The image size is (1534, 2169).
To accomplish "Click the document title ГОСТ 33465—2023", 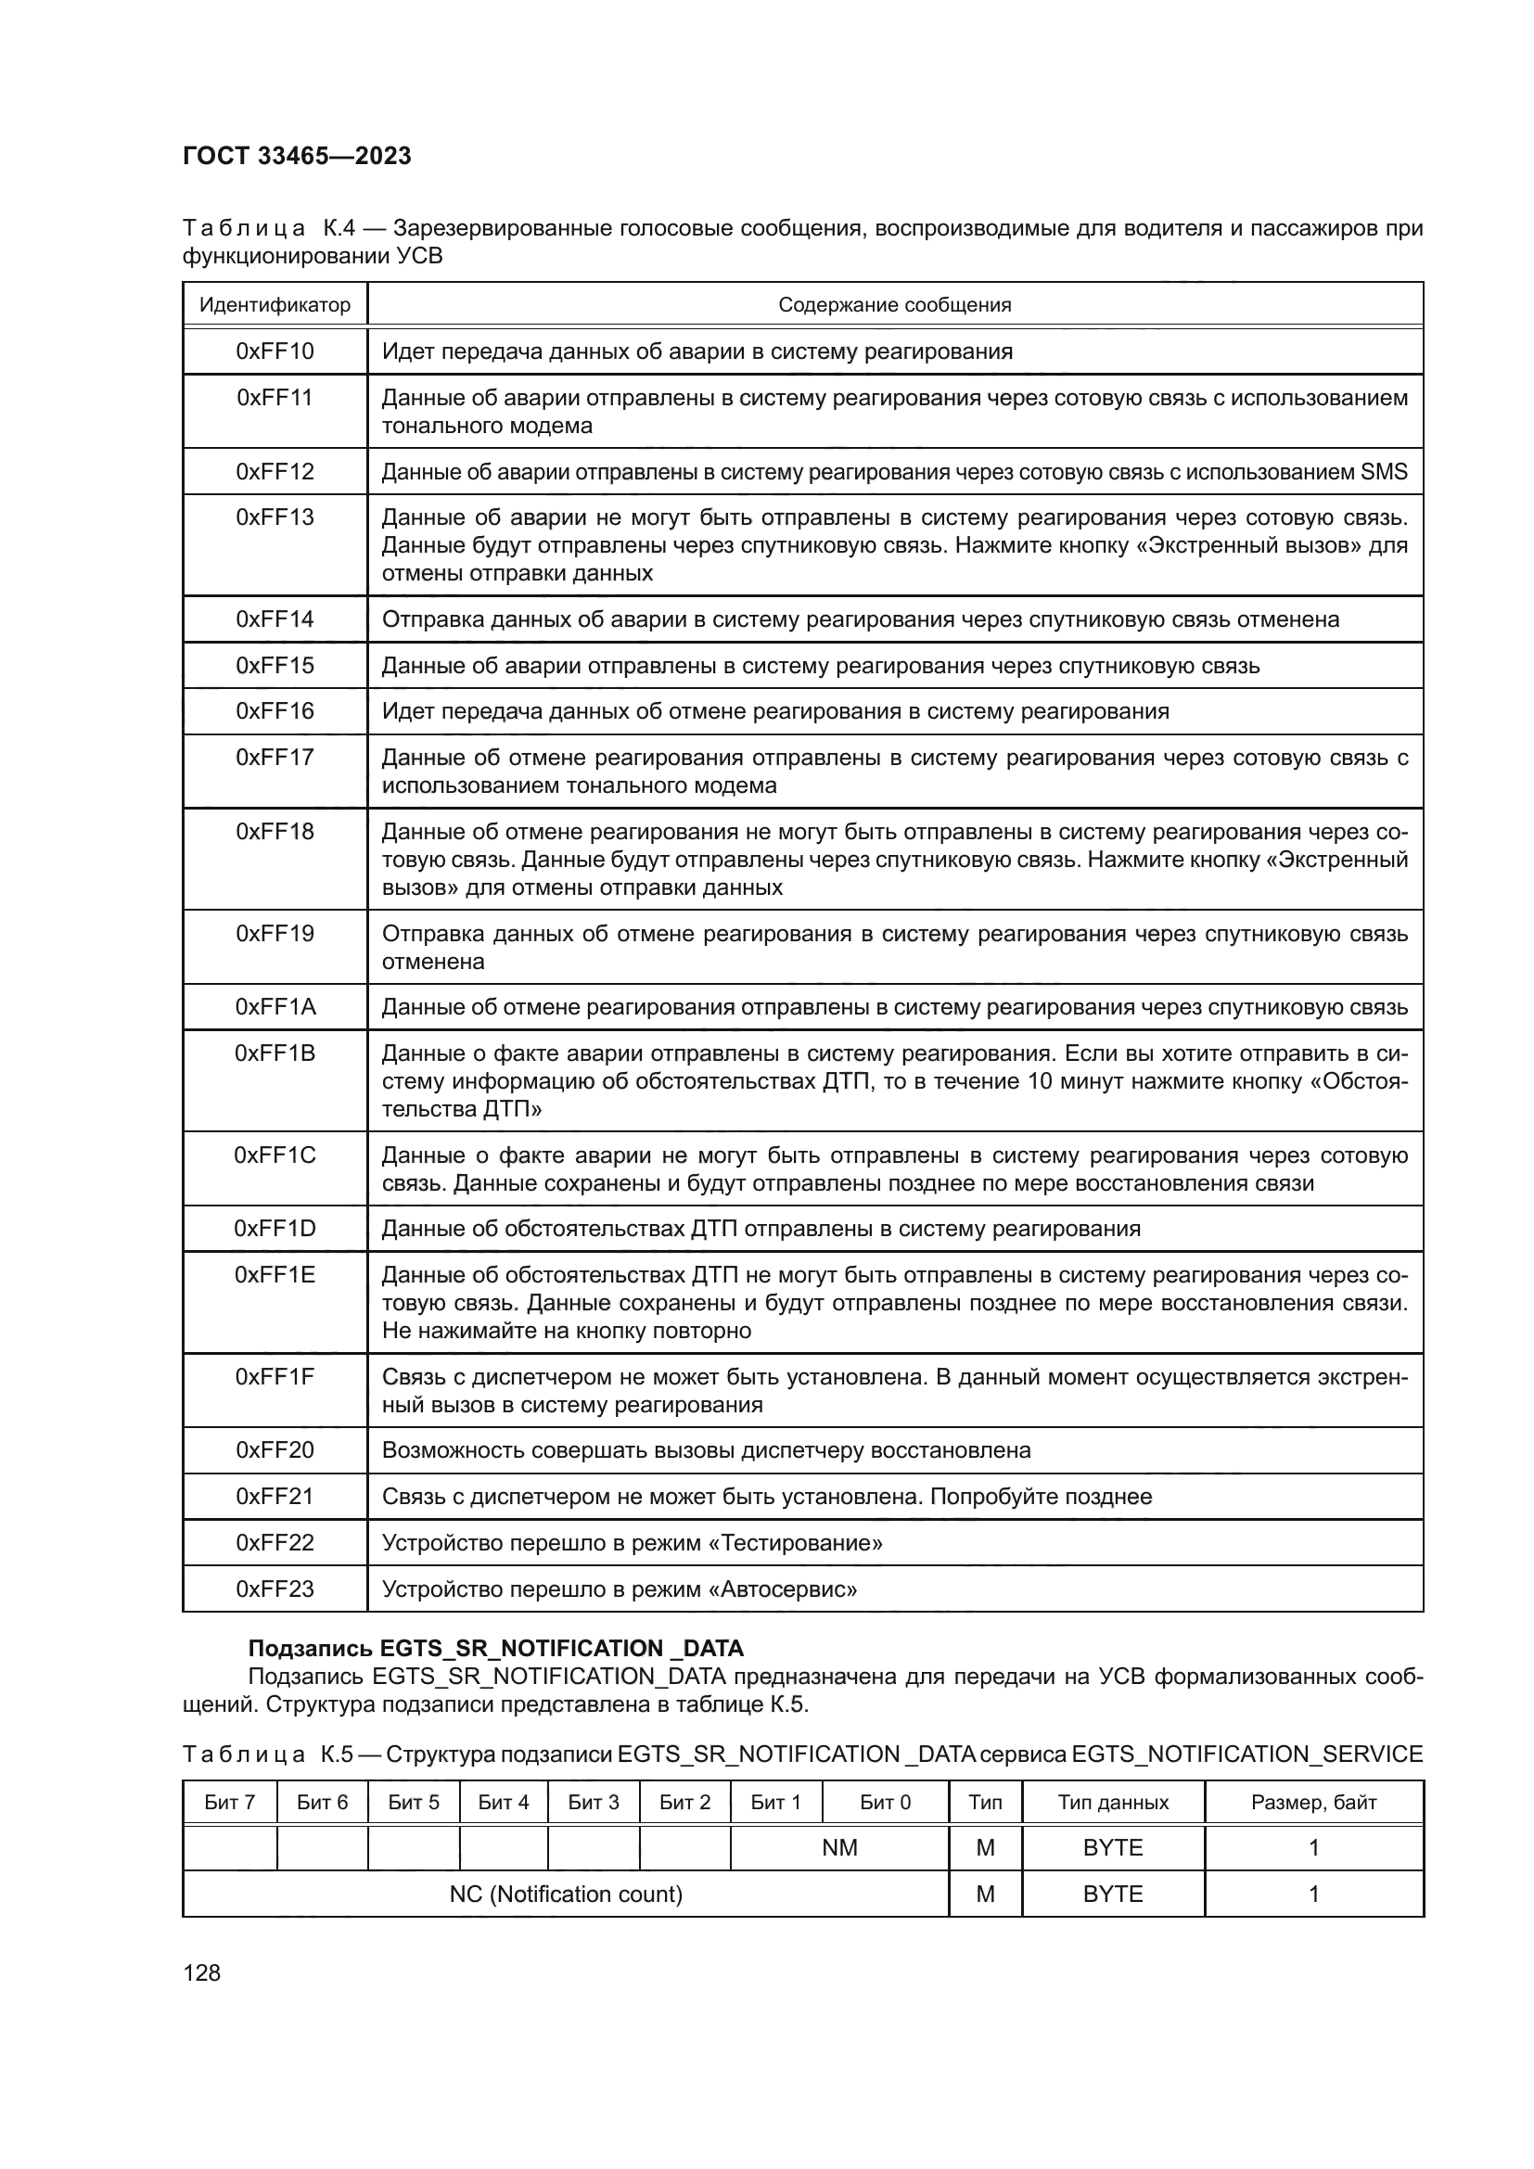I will [x=297, y=156].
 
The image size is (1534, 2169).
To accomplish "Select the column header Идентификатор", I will [x=274, y=305].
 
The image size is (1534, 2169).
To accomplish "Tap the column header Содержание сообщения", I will [x=893, y=305].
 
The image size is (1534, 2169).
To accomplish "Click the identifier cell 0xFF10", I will [x=274, y=351].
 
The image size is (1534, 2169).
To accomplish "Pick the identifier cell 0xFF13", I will [x=274, y=517].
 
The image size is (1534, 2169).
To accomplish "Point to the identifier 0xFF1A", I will [x=274, y=1007].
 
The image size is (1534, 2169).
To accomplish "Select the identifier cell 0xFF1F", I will [x=274, y=1376].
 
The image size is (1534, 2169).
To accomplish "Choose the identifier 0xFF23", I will [x=274, y=1589].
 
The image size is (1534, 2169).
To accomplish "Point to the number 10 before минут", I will [x=1039, y=1081].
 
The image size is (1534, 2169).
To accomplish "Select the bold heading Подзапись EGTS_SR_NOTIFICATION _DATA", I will [x=495, y=1649].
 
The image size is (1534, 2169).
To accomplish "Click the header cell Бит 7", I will [x=229, y=1803].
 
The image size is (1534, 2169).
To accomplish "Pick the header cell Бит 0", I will [x=884, y=1803].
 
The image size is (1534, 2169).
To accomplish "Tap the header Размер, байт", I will [x=1313, y=1803].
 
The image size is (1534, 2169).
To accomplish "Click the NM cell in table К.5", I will [x=838, y=1848].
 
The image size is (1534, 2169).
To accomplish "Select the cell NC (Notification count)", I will [x=565, y=1895].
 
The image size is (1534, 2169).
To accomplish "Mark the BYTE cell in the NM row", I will [x=1113, y=1848].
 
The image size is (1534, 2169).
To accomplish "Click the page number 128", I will [x=201, y=1973].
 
